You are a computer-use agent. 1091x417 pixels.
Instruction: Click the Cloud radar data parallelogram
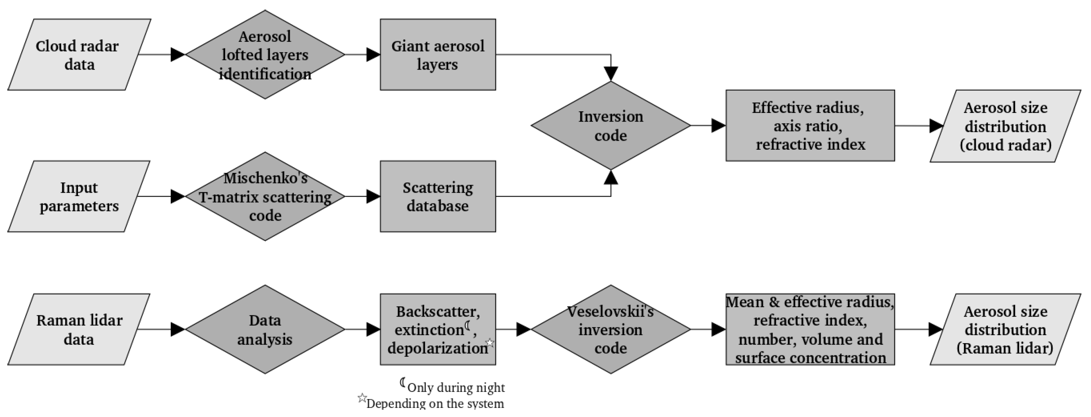[x=79, y=55]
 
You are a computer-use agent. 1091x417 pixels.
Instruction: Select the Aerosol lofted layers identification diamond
[x=265, y=55]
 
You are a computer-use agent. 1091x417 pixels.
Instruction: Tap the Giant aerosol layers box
[x=438, y=55]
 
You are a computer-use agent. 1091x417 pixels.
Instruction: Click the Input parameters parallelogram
[x=79, y=196]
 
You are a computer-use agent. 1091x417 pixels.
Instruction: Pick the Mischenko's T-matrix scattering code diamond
[x=265, y=196]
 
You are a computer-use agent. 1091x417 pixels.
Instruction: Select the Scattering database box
[x=438, y=196]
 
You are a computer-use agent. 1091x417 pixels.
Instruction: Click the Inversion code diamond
[x=610, y=126]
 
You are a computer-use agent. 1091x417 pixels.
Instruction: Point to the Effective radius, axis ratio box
[x=810, y=126]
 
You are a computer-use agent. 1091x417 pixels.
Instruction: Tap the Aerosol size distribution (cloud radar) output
[x=1005, y=126]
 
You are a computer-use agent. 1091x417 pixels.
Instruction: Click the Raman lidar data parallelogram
[x=79, y=329]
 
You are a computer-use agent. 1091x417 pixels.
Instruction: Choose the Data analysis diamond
[x=265, y=329]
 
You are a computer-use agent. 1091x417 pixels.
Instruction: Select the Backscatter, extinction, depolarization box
[x=438, y=329]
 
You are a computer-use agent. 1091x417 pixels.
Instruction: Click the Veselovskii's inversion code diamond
[x=610, y=329]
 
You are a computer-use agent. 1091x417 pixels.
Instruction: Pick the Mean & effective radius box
[x=810, y=329]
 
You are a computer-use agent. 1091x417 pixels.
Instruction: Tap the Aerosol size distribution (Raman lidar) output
[x=1005, y=329]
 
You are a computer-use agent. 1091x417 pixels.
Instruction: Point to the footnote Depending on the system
[x=435, y=403]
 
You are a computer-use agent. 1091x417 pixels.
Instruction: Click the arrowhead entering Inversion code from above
[x=610, y=73]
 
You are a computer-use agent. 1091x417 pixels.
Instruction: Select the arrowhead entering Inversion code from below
[x=610, y=178]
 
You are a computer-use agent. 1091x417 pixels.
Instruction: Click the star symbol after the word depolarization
[x=490, y=342]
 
